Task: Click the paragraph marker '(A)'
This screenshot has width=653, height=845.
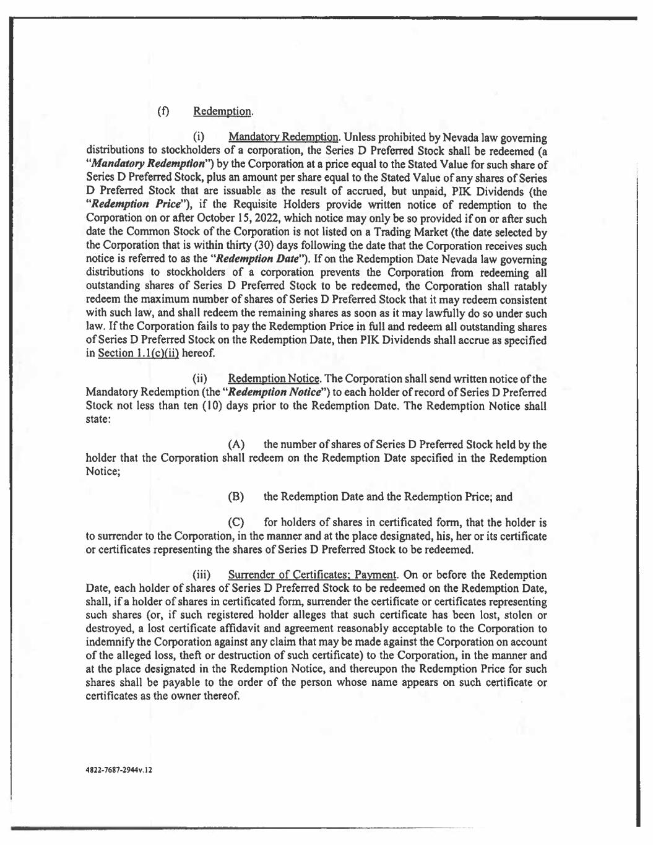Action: pos(236,445)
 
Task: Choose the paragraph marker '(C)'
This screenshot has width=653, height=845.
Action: pos(236,523)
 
